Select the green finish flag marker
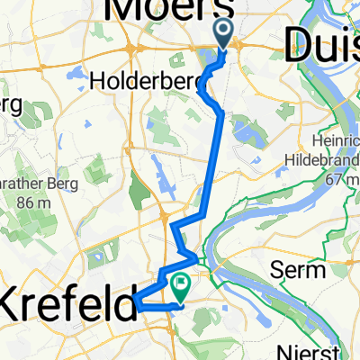coord(181,286)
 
